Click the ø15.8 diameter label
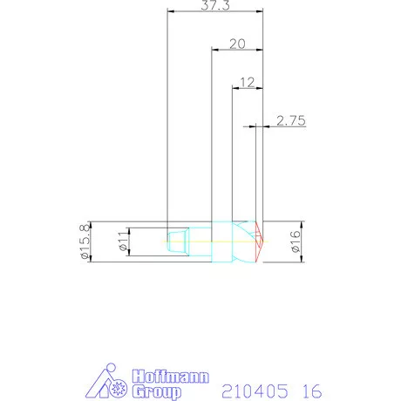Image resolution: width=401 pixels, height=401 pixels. click(85, 242)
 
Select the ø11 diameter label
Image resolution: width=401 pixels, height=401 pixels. click(122, 241)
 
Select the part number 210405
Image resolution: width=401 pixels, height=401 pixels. click(249, 390)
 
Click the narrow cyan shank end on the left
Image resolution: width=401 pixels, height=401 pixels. click(177, 241)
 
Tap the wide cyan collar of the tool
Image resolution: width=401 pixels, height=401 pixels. click(221, 241)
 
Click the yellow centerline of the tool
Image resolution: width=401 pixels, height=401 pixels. click(200, 241)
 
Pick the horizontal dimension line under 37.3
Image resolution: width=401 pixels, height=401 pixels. click(214, 11)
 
